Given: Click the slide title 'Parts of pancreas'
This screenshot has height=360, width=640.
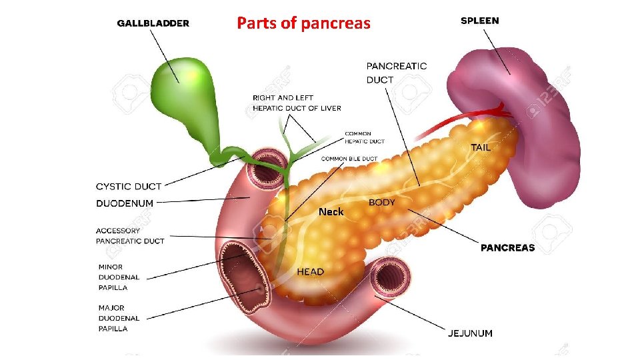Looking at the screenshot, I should point(303,23).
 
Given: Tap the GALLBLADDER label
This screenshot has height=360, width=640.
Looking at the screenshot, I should point(153,23).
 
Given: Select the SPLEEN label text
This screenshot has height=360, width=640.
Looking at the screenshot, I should point(479,21).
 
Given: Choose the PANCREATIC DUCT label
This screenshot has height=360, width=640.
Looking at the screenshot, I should point(397,73).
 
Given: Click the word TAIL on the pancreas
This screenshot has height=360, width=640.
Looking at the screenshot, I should point(480,147).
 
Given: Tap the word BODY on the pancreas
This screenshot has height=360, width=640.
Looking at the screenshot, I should point(382,202).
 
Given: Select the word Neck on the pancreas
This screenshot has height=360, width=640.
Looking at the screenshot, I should point(331,211).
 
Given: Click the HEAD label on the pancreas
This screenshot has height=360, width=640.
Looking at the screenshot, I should point(310,271).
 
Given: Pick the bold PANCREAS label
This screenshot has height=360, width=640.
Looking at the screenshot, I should point(507,247).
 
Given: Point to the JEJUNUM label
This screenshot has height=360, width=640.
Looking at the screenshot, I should point(470,333).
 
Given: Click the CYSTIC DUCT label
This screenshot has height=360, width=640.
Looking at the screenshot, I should point(129,186).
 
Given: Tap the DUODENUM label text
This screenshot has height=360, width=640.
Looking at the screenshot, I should point(125,203).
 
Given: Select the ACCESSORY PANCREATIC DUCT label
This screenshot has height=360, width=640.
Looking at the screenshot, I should point(130,236).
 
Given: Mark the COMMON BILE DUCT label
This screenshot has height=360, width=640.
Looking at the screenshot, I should point(349,159).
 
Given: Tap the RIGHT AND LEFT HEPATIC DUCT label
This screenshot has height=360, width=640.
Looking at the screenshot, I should point(297,103).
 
